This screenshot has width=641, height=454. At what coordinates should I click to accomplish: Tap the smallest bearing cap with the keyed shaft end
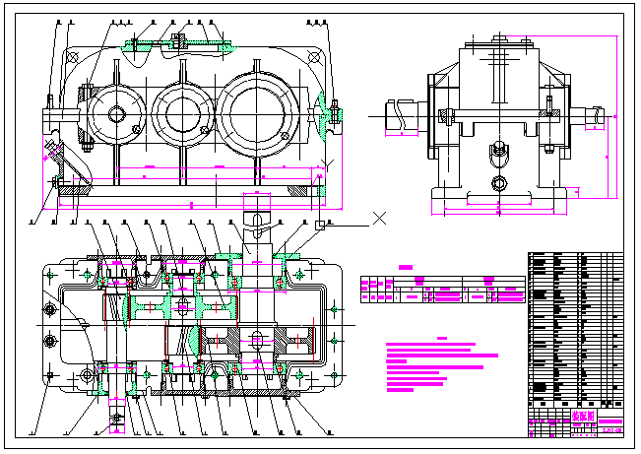116,113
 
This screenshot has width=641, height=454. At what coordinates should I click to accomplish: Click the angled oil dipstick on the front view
51,154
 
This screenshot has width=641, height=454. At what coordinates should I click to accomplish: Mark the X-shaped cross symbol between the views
379,216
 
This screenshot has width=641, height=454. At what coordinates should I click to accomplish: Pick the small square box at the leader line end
321,226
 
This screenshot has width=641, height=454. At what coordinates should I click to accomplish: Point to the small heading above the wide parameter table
405,266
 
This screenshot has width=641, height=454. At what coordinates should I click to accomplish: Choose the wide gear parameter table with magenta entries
442,288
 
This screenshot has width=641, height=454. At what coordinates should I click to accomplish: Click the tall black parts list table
576,330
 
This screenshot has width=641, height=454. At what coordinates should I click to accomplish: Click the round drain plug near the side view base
499,183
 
